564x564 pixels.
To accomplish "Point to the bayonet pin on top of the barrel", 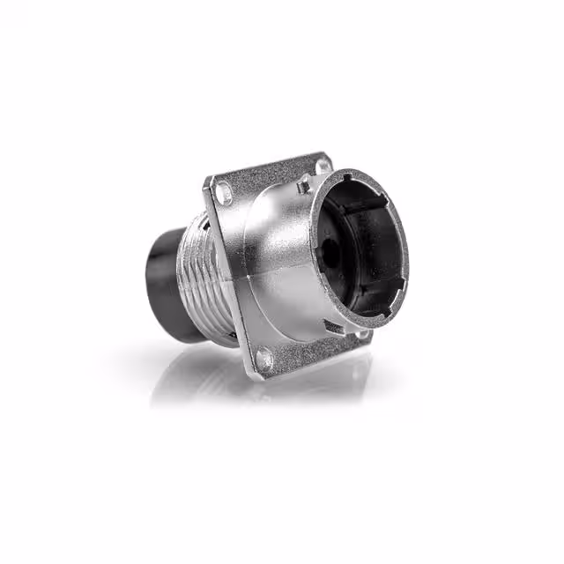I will [x=303, y=184].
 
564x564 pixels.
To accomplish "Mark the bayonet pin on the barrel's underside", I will [x=330, y=328].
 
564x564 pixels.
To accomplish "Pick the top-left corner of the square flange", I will [x=210, y=179].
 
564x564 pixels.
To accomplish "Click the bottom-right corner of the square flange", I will [x=367, y=338].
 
